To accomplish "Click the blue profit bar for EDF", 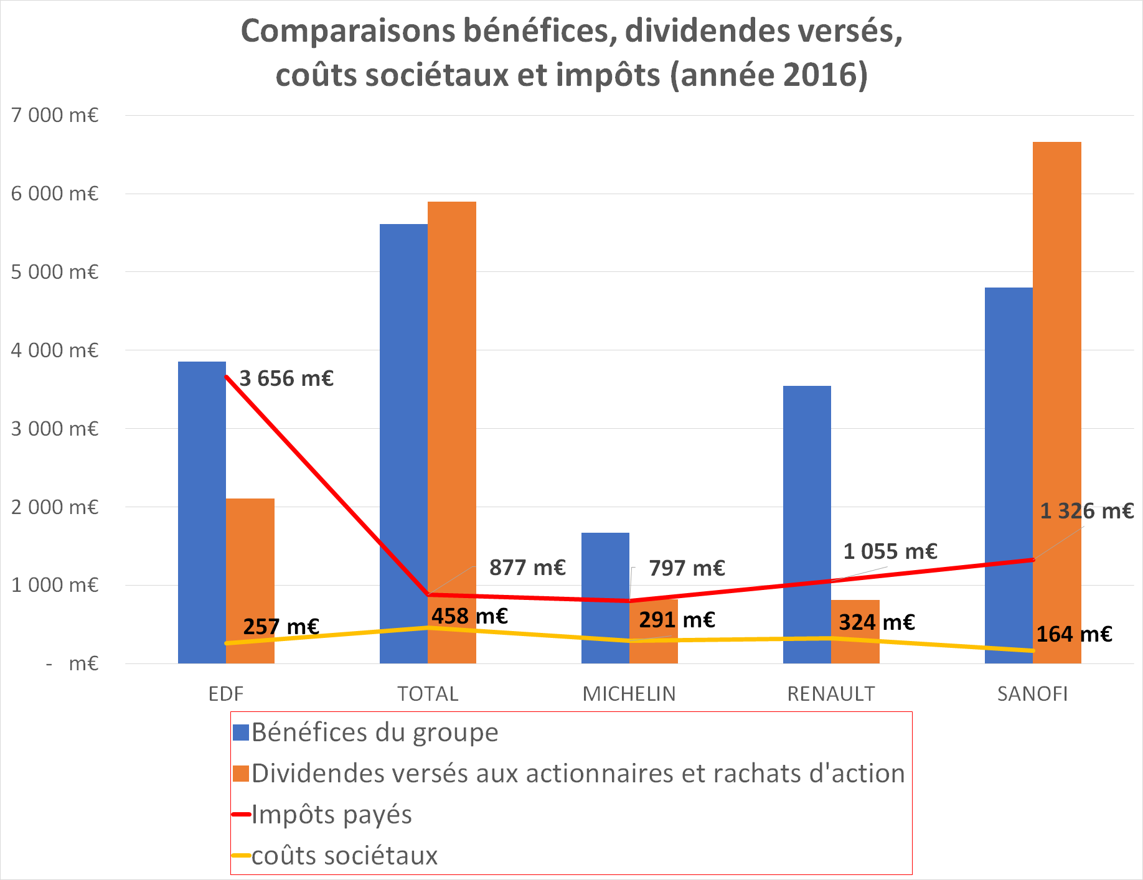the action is [x=202, y=512].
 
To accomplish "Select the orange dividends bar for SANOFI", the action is [x=1057, y=403].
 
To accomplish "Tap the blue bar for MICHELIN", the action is [x=605, y=598].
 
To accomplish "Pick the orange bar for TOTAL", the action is [x=452, y=433].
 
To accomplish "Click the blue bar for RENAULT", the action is [x=807, y=525].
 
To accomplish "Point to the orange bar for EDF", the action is [x=250, y=581].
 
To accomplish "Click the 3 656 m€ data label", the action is [x=286, y=378].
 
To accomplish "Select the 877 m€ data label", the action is [x=527, y=568].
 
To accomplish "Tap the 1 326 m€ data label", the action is [x=1087, y=511].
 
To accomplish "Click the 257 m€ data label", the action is [x=281, y=626].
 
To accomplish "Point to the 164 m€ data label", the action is [x=1074, y=634].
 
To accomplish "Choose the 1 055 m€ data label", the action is [x=890, y=551].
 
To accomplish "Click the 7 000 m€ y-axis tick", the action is [x=55, y=115].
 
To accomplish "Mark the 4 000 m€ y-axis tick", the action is [x=55, y=350].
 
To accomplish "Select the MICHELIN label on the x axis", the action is [x=629, y=694].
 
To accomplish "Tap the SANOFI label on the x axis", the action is [x=1032, y=694].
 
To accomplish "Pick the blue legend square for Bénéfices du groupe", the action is [x=241, y=733].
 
